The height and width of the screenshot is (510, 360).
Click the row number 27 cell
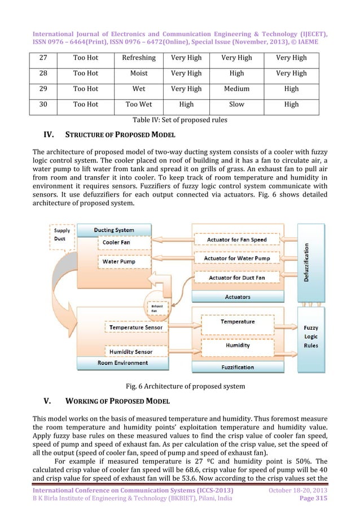(43, 58)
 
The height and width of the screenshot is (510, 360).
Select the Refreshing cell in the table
(138, 58)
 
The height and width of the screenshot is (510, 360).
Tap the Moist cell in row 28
(138, 73)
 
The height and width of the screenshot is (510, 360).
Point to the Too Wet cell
(138, 104)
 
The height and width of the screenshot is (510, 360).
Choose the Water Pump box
(118, 262)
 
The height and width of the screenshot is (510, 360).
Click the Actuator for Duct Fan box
(237, 277)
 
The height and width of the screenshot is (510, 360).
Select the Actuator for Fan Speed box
(237, 240)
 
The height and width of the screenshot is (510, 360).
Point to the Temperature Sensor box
(135, 327)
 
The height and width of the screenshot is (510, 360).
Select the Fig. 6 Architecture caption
(185, 386)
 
